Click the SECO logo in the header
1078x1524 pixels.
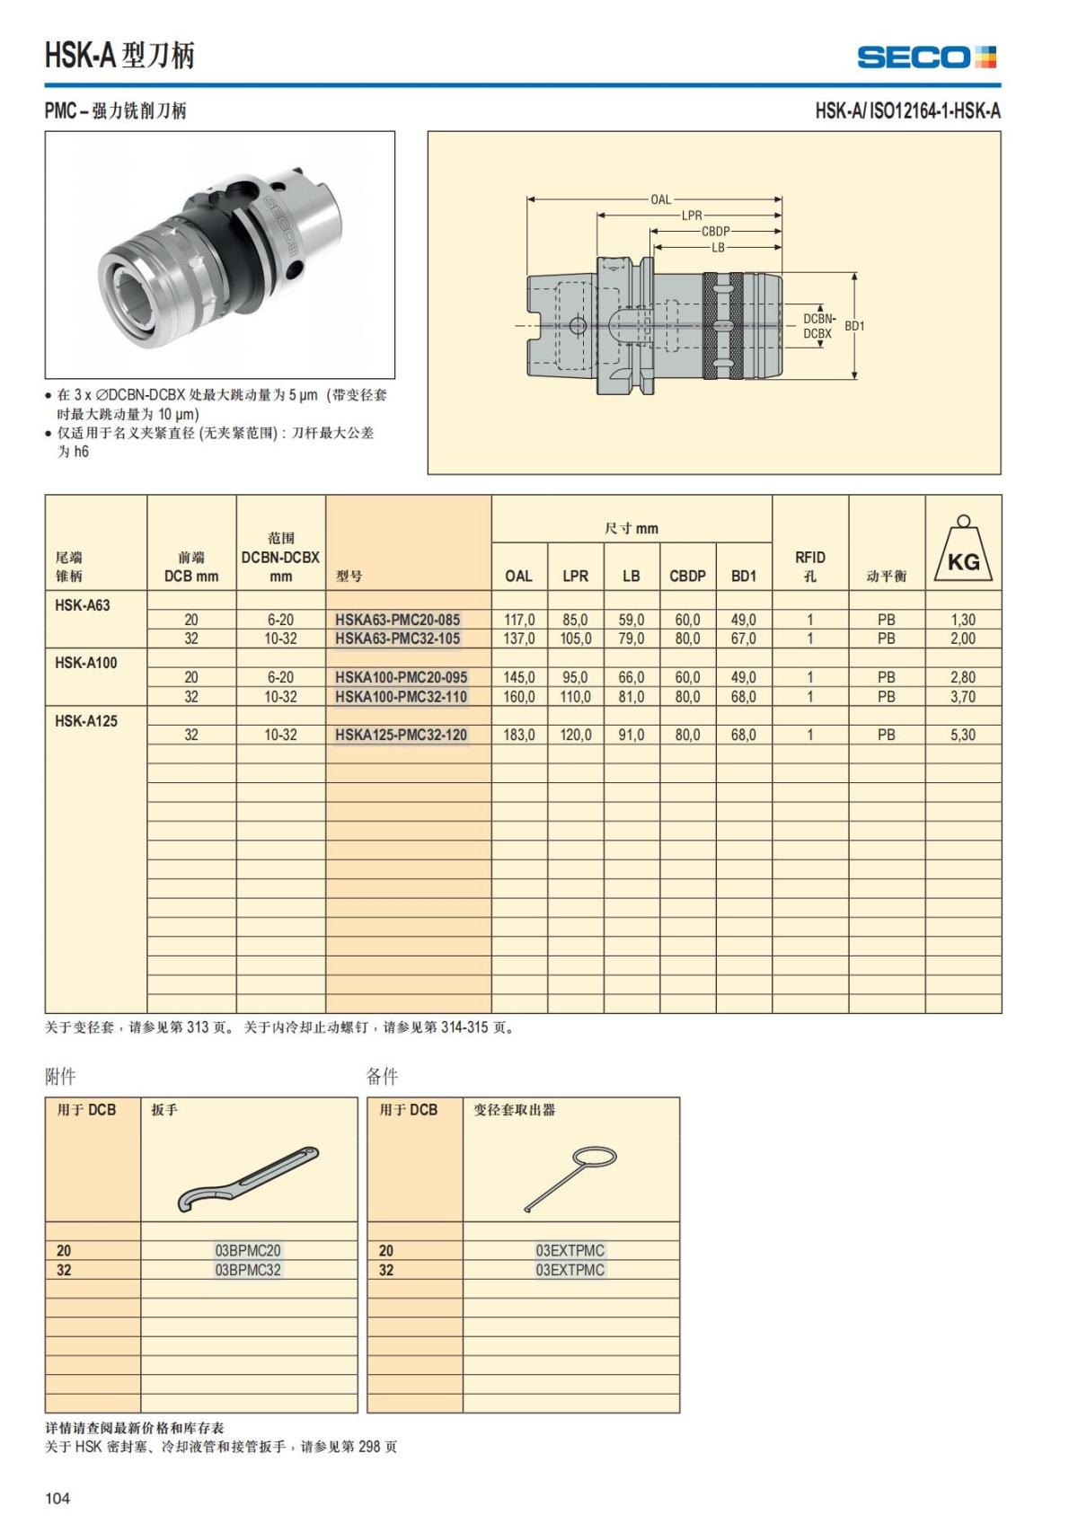[x=927, y=57]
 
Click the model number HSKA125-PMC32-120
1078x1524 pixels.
[x=401, y=735]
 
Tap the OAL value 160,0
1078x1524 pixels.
[x=519, y=697]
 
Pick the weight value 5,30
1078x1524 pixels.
[x=963, y=735]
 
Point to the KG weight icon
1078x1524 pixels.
[x=963, y=550]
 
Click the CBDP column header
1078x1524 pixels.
[x=687, y=576]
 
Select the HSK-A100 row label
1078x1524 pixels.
[x=86, y=663]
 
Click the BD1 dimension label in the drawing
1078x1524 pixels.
[x=854, y=326]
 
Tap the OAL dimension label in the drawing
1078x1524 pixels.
[x=660, y=199]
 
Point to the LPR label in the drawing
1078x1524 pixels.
[x=692, y=216]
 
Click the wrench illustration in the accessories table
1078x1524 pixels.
[x=249, y=1178]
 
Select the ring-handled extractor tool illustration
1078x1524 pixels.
[x=571, y=1176]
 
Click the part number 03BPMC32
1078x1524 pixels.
[x=248, y=1270]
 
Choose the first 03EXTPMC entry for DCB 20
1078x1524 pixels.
[x=570, y=1250]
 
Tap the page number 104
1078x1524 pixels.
[x=57, y=1498]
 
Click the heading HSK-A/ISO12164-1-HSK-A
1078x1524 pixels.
[x=907, y=111]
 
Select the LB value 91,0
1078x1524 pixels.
[x=632, y=735]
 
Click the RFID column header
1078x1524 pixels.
[x=810, y=566]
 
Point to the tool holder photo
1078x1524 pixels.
[x=220, y=255]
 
